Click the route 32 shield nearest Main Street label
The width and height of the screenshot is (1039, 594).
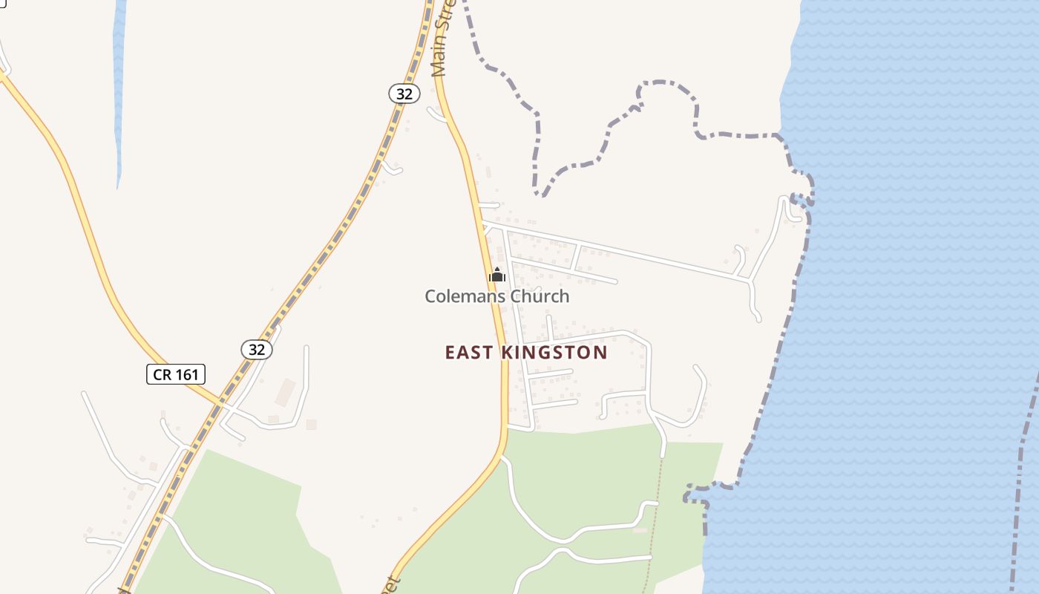pyautogui.click(x=404, y=94)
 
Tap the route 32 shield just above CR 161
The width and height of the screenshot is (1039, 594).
pyautogui.click(x=256, y=349)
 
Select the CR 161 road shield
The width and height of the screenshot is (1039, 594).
pyautogui.click(x=176, y=374)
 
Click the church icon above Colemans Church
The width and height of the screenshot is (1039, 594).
pyautogui.click(x=496, y=275)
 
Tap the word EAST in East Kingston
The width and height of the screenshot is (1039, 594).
pyautogui.click(x=469, y=353)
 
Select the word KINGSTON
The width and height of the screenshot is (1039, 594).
pyautogui.click(x=554, y=353)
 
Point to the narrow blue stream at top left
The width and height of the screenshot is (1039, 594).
pyautogui.click(x=119, y=89)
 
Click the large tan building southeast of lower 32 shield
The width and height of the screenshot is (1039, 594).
pyautogui.click(x=286, y=392)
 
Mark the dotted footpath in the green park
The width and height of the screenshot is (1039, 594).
pyautogui.click(x=655, y=520)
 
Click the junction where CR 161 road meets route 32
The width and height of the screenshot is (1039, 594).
pyautogui.click(x=222, y=405)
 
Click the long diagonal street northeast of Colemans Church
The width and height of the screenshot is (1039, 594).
pyautogui.click(x=616, y=251)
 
